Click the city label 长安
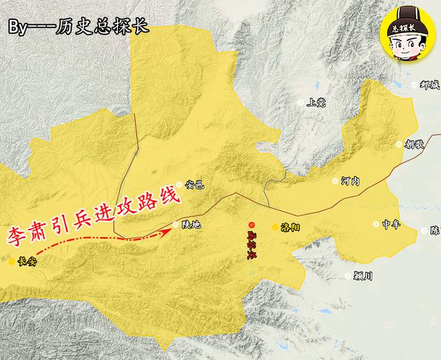29,261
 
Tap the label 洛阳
290,226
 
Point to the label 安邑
196,185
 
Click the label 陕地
190,225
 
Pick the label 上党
317,102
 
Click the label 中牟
391,225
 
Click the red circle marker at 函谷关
252,224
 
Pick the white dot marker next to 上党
300,102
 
